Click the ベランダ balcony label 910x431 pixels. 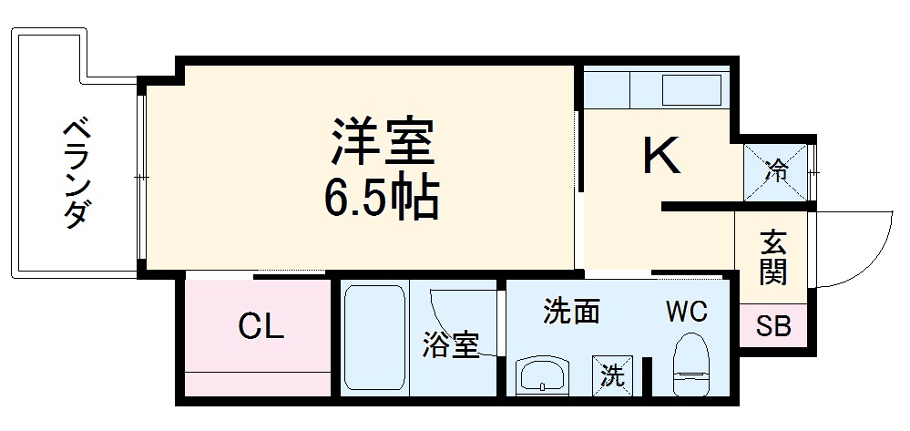pyautogui.click(x=76, y=172)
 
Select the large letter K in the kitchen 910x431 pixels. pyautogui.click(x=662, y=156)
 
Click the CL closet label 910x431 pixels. pyautogui.click(x=261, y=326)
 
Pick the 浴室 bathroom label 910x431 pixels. pyautogui.click(x=450, y=345)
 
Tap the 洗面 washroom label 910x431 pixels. pyautogui.click(x=571, y=313)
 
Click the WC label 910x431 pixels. pyautogui.click(x=685, y=313)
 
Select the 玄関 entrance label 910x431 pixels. pyautogui.click(x=773, y=257)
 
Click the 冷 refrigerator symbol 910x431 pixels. pyautogui.click(x=776, y=169)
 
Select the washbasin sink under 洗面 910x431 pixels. pyautogui.click(x=543, y=375)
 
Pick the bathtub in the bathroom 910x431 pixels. pyautogui.click(x=374, y=339)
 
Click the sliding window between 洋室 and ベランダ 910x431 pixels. pyautogui.click(x=141, y=173)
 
